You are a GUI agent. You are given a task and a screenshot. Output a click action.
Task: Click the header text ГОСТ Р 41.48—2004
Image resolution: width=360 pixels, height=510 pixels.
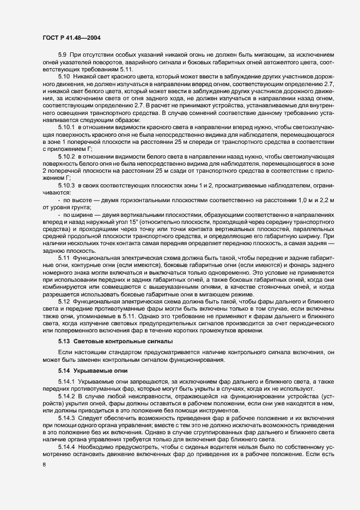tap(70, 38)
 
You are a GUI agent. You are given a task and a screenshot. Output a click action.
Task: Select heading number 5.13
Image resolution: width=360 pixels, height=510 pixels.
tap(64, 342)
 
